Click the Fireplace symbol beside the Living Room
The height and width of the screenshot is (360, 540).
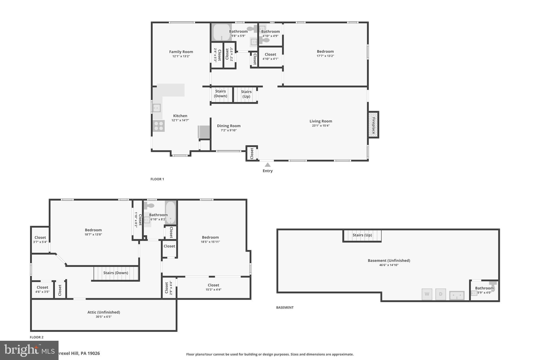pos(373,124)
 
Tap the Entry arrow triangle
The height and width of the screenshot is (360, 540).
pos(268,165)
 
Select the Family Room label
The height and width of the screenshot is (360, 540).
pos(181,52)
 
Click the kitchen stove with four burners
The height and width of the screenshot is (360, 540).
pos(158,126)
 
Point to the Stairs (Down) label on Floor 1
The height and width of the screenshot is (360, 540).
pos(220,94)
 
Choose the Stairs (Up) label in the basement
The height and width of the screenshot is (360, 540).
pos(362,235)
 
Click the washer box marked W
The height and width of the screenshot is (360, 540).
pos(427,294)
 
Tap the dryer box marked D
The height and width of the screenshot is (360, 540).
pos(440,294)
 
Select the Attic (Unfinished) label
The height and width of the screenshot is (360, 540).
pos(104,312)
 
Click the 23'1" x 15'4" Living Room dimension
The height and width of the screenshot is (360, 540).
pos(321,126)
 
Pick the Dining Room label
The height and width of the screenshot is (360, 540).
pos(229,126)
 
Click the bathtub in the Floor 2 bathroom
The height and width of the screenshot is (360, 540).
pos(171,212)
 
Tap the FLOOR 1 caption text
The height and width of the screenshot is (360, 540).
pos(157,179)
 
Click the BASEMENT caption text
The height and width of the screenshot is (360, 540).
pos(285,308)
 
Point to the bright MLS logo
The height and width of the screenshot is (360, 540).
pos(29,350)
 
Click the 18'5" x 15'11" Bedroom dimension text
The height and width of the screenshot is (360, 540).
pos(210,242)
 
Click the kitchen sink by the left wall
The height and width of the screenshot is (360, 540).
pos(157,108)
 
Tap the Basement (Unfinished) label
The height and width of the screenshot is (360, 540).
pos(389,261)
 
